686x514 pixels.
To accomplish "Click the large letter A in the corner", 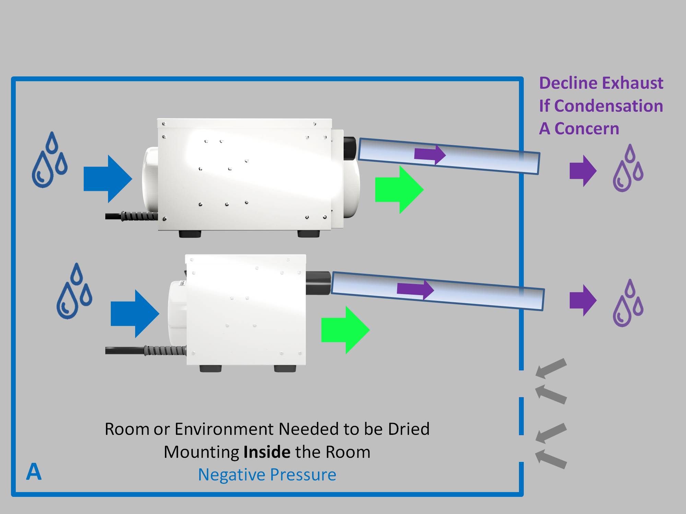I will click(x=34, y=472).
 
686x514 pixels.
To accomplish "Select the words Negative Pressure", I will click(x=267, y=475).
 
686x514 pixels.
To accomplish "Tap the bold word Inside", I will click(x=267, y=452).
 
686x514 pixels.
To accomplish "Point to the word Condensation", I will click(x=608, y=106).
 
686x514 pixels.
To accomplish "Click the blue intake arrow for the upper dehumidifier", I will click(x=108, y=179).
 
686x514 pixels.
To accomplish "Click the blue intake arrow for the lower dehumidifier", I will click(x=135, y=314).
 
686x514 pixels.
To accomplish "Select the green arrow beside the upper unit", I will click(x=399, y=189).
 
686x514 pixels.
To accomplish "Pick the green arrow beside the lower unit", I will click(x=345, y=330).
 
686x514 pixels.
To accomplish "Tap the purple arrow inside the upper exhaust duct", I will click(x=430, y=155).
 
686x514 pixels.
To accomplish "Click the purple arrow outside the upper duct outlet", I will click(x=583, y=171).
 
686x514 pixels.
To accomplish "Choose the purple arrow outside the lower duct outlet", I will click(x=583, y=300).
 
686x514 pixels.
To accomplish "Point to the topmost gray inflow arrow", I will click(x=551, y=368).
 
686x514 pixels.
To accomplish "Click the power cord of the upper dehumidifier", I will click(x=130, y=216).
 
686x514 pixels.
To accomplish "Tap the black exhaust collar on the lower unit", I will click(x=318, y=283).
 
